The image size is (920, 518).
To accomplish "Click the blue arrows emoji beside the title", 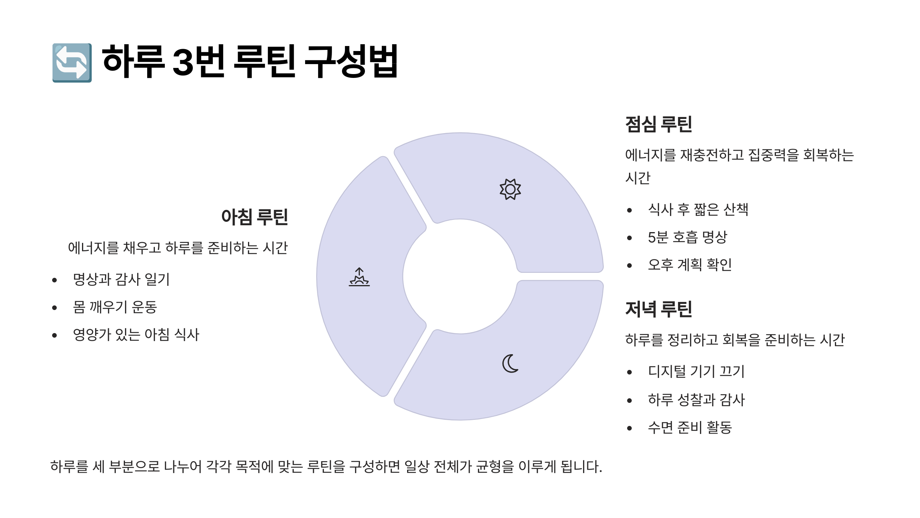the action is tap(72, 63).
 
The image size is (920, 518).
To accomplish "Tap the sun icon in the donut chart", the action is tap(510, 189).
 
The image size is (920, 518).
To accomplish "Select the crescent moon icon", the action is tap(510, 363).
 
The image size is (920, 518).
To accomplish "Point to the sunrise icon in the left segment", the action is tap(359, 277).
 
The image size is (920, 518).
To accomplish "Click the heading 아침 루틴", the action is tap(255, 217).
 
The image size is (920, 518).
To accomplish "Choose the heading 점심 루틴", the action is tap(659, 124).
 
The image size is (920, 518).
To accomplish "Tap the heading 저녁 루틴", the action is tap(659, 309).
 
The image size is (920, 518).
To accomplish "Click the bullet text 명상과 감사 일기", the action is tap(121, 279).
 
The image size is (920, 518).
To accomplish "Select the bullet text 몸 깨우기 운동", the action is tap(115, 307).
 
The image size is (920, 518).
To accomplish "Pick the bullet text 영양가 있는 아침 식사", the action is tap(136, 335).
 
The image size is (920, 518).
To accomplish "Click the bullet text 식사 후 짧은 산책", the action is tap(698, 210).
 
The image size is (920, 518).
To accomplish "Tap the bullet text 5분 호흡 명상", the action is tap(687, 237).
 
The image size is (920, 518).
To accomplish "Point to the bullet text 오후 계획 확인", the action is tap(690, 265).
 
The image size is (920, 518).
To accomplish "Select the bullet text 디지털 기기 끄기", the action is tap(696, 371).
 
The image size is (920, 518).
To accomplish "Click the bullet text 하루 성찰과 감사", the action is tap(696, 400).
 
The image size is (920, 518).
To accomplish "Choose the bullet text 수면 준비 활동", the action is tap(690, 427).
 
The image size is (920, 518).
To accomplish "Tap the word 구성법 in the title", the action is tap(351, 61).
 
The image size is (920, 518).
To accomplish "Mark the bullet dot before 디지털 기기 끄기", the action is tap(629, 372).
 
